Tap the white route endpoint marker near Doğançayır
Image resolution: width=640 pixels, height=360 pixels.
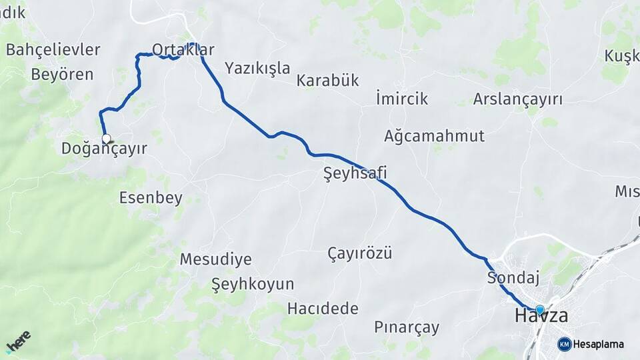(106, 139)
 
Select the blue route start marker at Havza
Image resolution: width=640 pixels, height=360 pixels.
(539, 309)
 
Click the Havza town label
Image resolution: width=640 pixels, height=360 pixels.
(541, 317)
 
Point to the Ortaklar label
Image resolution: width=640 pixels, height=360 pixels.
(183, 50)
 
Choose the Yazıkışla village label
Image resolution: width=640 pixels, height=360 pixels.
(257, 68)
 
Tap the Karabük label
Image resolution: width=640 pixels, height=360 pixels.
(328, 81)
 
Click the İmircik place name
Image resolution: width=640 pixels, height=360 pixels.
(402, 99)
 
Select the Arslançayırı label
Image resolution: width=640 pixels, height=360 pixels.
(517, 100)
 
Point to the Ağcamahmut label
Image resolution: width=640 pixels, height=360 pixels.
(435, 137)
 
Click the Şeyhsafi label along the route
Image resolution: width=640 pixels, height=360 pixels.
(355, 173)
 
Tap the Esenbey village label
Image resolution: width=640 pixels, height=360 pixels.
(151, 197)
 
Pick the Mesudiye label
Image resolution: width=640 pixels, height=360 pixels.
(215, 259)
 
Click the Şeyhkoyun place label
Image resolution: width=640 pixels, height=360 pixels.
(253, 284)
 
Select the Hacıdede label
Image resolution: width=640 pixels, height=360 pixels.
(323, 309)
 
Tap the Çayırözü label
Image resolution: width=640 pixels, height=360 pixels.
(360, 253)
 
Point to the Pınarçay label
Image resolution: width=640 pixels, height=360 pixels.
(407, 327)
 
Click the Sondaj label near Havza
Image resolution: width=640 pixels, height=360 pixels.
(513, 277)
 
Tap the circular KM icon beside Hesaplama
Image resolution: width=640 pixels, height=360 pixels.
(564, 344)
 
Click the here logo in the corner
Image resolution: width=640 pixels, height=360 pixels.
(19, 341)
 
